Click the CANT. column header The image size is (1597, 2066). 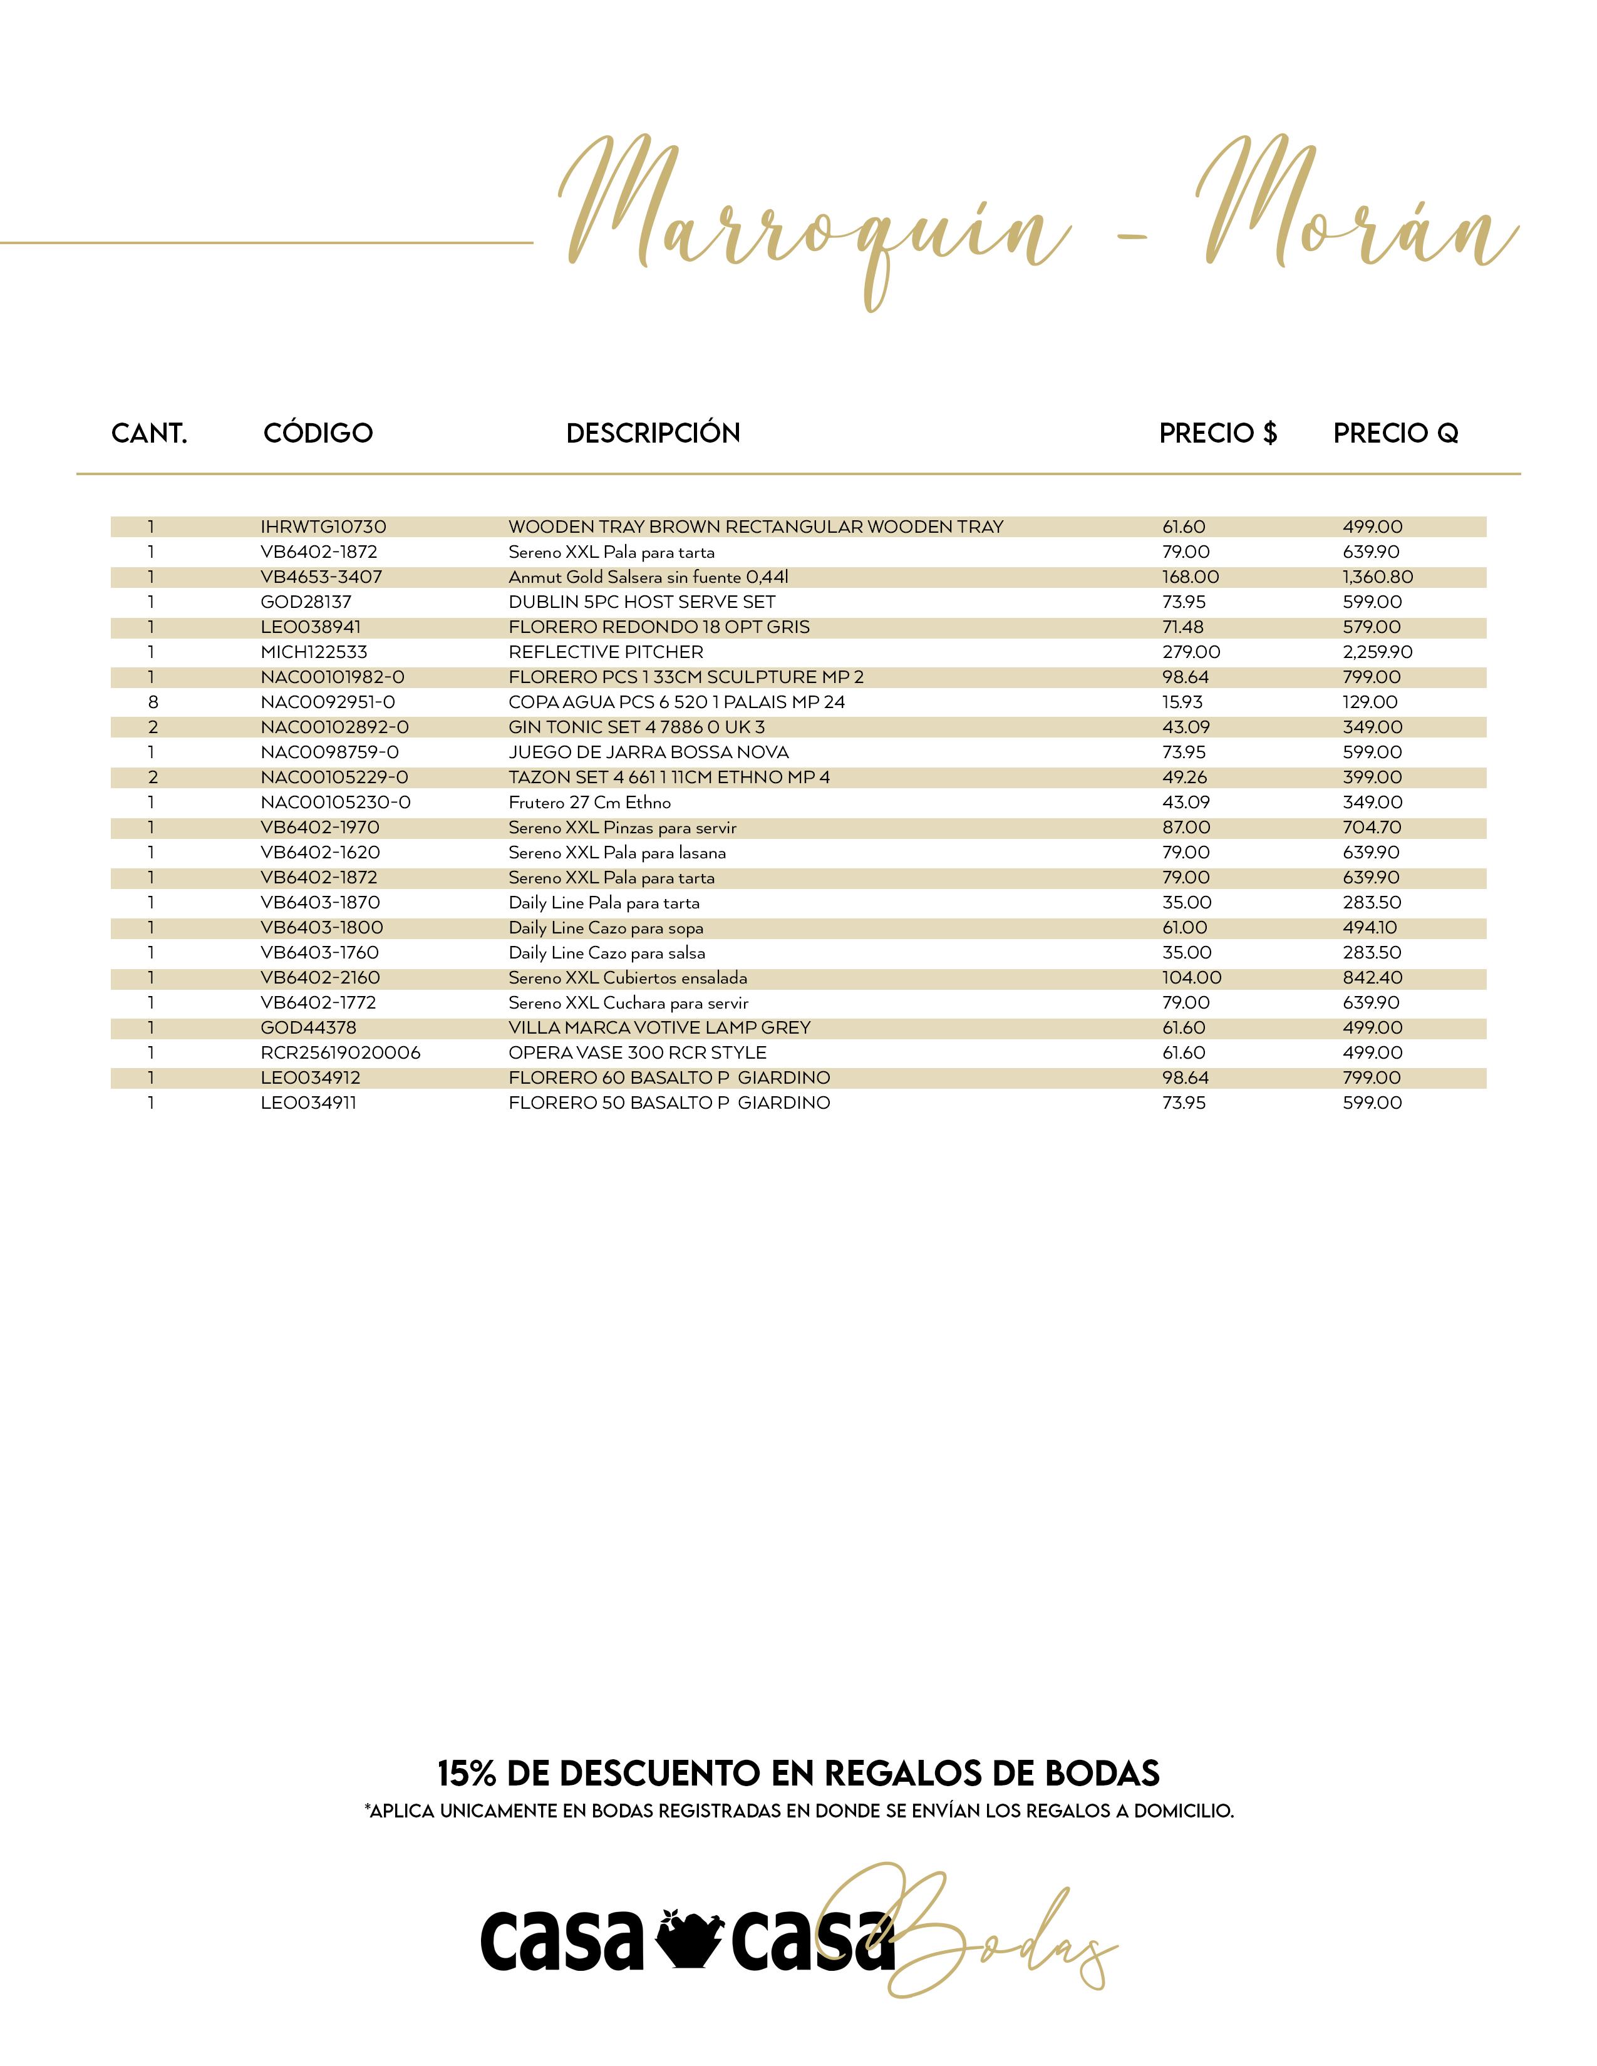[x=150, y=433]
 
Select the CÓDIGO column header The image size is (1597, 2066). [x=318, y=433]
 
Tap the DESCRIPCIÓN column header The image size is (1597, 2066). [x=653, y=433]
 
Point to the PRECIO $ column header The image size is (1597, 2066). [x=1217, y=433]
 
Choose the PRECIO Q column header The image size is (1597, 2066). [x=1395, y=433]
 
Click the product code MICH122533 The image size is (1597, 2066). [x=314, y=652]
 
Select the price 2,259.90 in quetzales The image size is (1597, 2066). [x=1378, y=652]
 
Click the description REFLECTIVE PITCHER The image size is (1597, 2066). [x=606, y=652]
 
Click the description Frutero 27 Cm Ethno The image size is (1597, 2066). [x=589, y=802]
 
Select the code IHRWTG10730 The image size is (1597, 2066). [x=324, y=527]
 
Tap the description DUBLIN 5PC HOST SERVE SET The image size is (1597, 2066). [x=641, y=602]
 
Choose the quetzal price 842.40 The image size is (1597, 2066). [x=1372, y=978]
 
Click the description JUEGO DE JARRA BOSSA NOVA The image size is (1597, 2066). [x=648, y=752]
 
